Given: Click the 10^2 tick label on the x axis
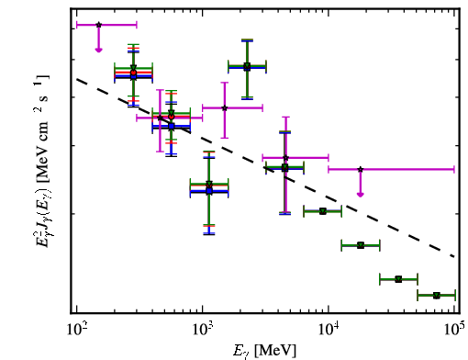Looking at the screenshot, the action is point(77,331).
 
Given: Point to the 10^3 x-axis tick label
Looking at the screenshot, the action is point(203,331).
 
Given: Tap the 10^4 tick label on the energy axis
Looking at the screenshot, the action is point(329,331).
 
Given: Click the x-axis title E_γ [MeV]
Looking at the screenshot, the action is point(264,350).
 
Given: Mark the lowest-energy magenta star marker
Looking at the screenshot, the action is point(98,25).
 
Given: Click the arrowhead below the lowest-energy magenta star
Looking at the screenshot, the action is point(98,50).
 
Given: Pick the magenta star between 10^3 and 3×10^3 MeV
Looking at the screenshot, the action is point(225,107).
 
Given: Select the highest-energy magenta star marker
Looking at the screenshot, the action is point(361,169).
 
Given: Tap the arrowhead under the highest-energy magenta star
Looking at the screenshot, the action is point(361,195).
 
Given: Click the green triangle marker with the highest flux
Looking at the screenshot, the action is point(247,66).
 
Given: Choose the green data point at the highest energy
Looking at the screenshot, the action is point(437,295).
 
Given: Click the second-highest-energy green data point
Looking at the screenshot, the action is point(398,279).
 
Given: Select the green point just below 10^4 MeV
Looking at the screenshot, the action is point(322,211).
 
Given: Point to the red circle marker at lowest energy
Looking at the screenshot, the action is point(133,73).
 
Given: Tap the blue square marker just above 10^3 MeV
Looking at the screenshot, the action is point(209,191).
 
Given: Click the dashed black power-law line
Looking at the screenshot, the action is point(265,168).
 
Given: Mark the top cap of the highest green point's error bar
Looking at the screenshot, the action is point(247,39).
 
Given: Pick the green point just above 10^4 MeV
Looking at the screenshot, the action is point(361,245).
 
